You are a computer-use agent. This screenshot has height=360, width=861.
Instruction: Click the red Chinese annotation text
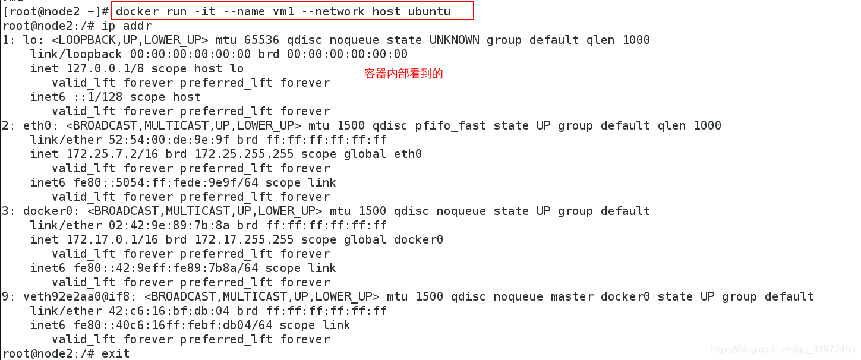pyautogui.click(x=403, y=74)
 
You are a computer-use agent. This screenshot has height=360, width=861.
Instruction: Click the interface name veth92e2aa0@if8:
pyautogui.click(x=80, y=296)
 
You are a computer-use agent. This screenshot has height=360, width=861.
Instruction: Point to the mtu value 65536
pyautogui.click(x=262, y=40)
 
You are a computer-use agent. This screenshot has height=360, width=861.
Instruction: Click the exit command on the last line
pyautogui.click(x=115, y=353)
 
